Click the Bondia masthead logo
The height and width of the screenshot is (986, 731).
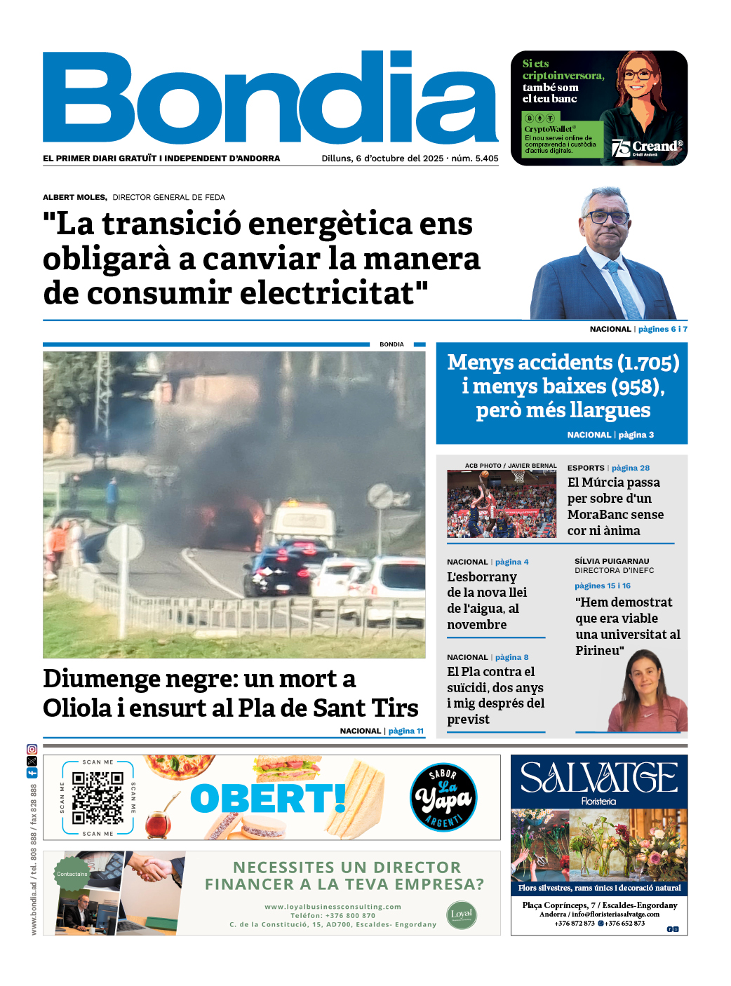coord(270,98)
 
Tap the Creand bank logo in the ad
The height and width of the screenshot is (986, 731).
coord(648,147)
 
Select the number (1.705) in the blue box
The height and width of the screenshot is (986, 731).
coord(648,363)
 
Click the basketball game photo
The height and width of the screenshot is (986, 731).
coord(502,504)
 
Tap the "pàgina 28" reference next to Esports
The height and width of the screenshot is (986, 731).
coord(630,468)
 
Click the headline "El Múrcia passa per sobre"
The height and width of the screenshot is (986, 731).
coord(615,506)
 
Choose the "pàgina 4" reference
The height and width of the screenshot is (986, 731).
coord(511,562)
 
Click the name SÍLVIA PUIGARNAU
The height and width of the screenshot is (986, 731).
coord(612,561)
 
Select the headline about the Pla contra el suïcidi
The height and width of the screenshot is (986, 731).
coord(495,695)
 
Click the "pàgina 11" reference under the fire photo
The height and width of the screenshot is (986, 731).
coord(405,731)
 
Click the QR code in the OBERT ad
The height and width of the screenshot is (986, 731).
coord(98,798)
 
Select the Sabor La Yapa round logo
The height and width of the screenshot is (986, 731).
coord(443,797)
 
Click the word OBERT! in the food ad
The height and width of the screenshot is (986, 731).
coord(269,798)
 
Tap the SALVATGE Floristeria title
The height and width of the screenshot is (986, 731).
coord(598,780)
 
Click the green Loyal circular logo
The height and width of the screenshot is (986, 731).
coord(461,914)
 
